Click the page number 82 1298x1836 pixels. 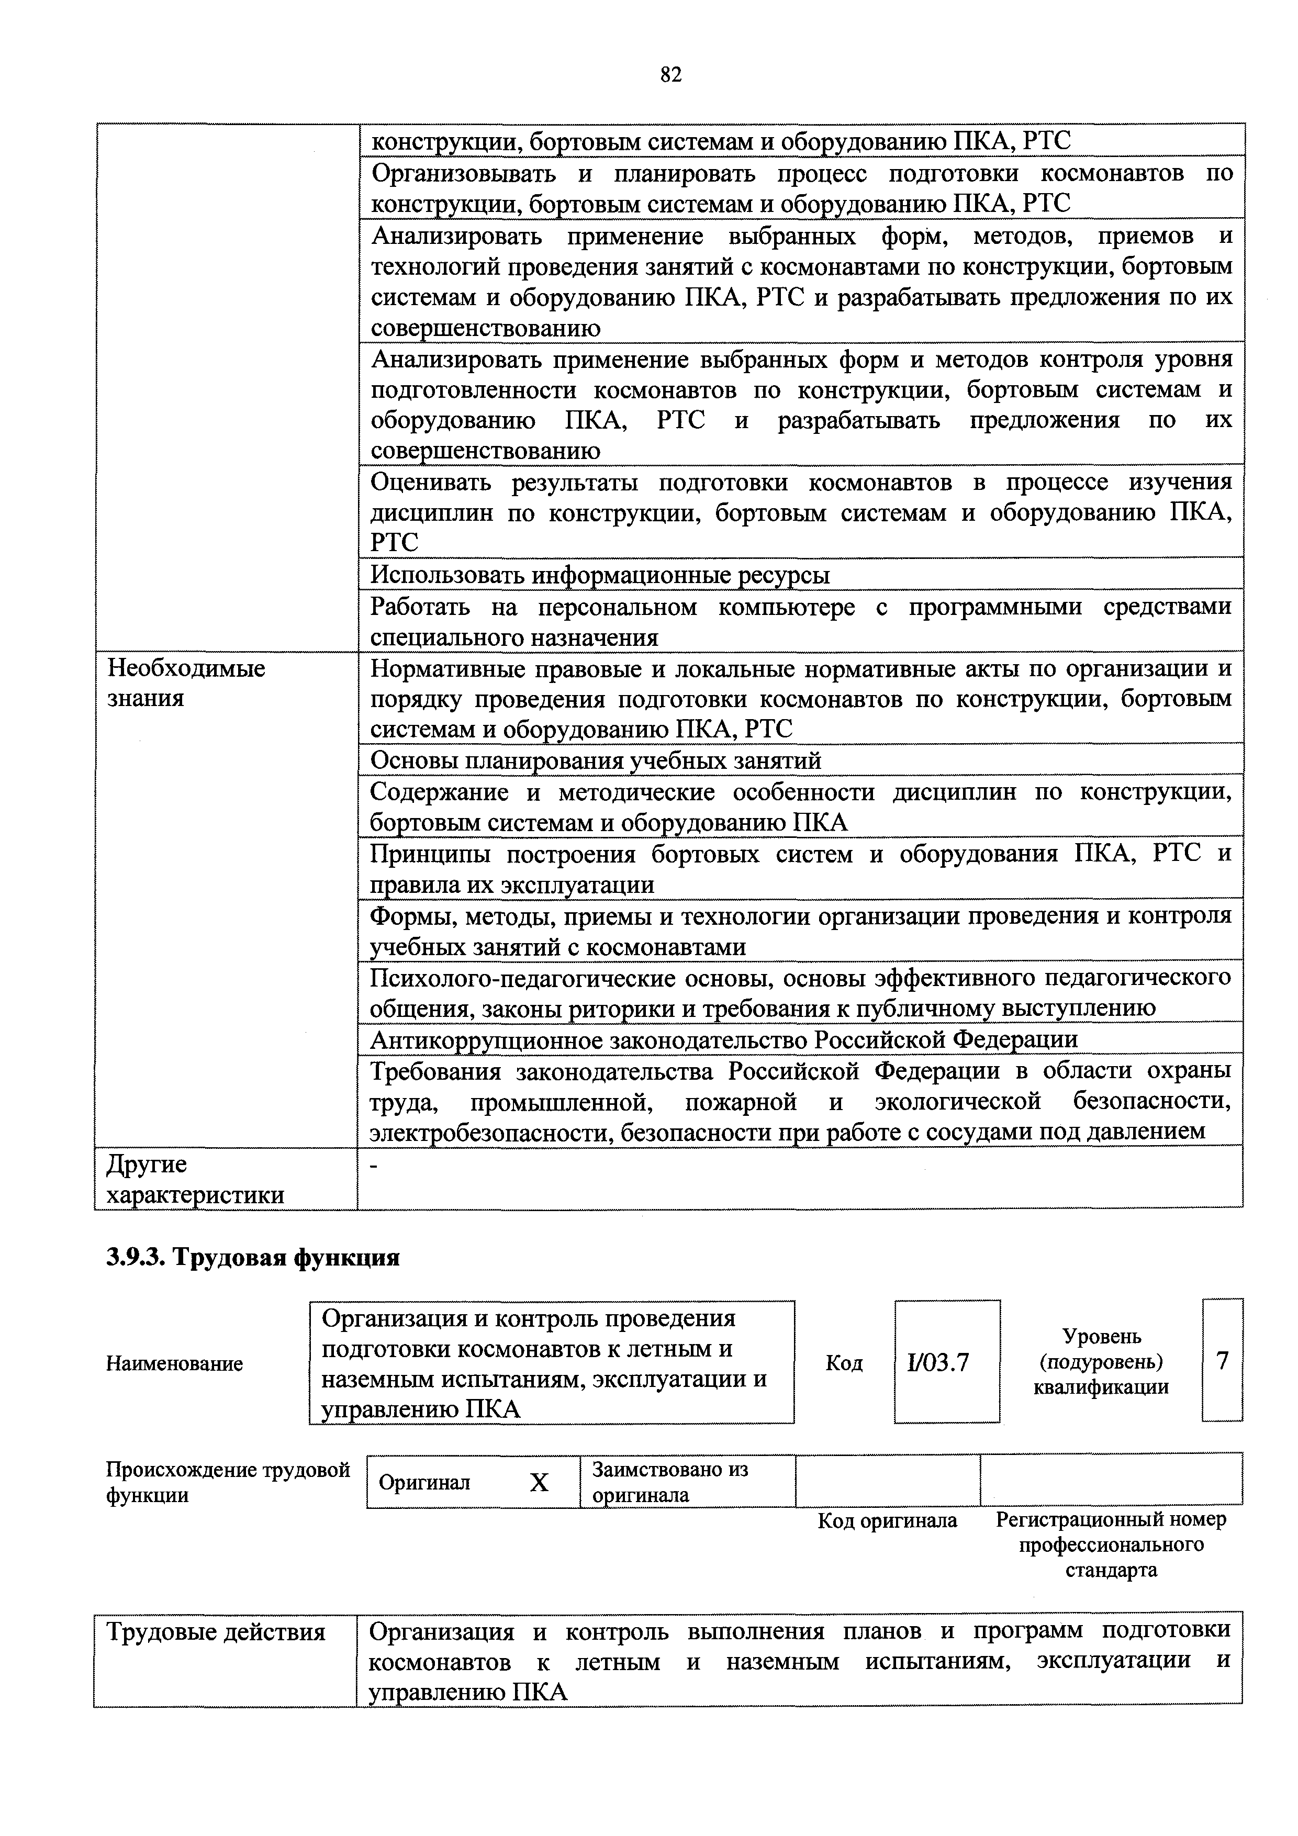(671, 75)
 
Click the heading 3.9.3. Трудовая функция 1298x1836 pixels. (253, 1258)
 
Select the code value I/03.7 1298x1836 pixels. (938, 1362)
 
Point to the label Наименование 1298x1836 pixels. (174, 1363)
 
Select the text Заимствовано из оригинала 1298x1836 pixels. (670, 1482)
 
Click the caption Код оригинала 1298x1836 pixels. (887, 1520)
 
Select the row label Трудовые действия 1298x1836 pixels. (216, 1631)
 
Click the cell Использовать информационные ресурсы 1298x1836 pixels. (601, 575)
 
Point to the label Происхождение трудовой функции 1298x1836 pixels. (228, 1482)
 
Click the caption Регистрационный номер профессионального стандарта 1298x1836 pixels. (1110, 1544)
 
